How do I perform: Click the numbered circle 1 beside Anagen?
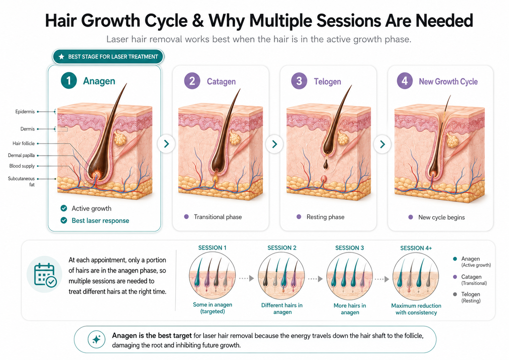click(x=69, y=81)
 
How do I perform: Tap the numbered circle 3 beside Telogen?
click(x=299, y=81)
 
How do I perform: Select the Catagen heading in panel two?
click(x=221, y=82)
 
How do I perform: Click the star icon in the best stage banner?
click(x=61, y=57)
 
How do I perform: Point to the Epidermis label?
click(x=25, y=112)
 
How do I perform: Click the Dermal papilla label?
click(x=22, y=155)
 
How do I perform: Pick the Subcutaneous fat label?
click(x=22, y=182)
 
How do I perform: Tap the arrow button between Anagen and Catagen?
click(x=166, y=144)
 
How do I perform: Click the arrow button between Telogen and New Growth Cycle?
click(x=382, y=144)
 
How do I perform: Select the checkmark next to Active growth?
click(x=64, y=208)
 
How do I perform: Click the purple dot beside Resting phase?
click(x=299, y=217)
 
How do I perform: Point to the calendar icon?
click(x=45, y=275)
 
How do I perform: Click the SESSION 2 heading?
click(x=282, y=248)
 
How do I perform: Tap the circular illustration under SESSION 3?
click(x=350, y=276)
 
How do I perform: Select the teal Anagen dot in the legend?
click(x=455, y=259)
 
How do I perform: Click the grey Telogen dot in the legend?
click(x=455, y=294)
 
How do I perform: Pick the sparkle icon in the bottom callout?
click(x=96, y=340)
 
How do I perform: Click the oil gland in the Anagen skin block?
click(x=120, y=138)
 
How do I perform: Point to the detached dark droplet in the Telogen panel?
click(x=326, y=164)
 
